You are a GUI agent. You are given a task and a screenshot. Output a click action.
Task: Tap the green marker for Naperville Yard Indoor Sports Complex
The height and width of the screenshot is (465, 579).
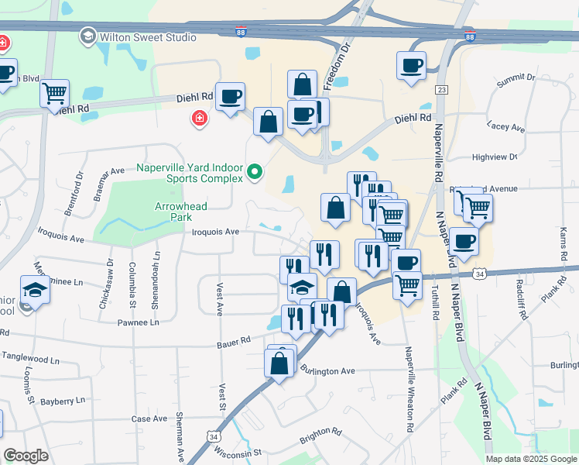point(255,170)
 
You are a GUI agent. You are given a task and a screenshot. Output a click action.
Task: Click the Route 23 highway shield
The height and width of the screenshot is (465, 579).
point(442,90)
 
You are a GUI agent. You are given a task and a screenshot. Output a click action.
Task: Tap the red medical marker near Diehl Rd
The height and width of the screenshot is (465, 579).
point(199,118)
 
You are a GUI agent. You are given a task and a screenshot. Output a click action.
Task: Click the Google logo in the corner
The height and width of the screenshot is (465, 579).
point(26,456)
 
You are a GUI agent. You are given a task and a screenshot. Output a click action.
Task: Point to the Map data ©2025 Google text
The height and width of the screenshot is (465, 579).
point(531,459)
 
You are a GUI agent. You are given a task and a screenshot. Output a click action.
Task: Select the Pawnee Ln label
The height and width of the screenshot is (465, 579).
point(138,322)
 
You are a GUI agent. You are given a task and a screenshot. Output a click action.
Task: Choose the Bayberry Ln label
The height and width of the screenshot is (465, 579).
point(63,401)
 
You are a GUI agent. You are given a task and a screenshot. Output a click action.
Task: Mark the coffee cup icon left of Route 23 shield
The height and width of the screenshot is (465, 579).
point(411,65)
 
